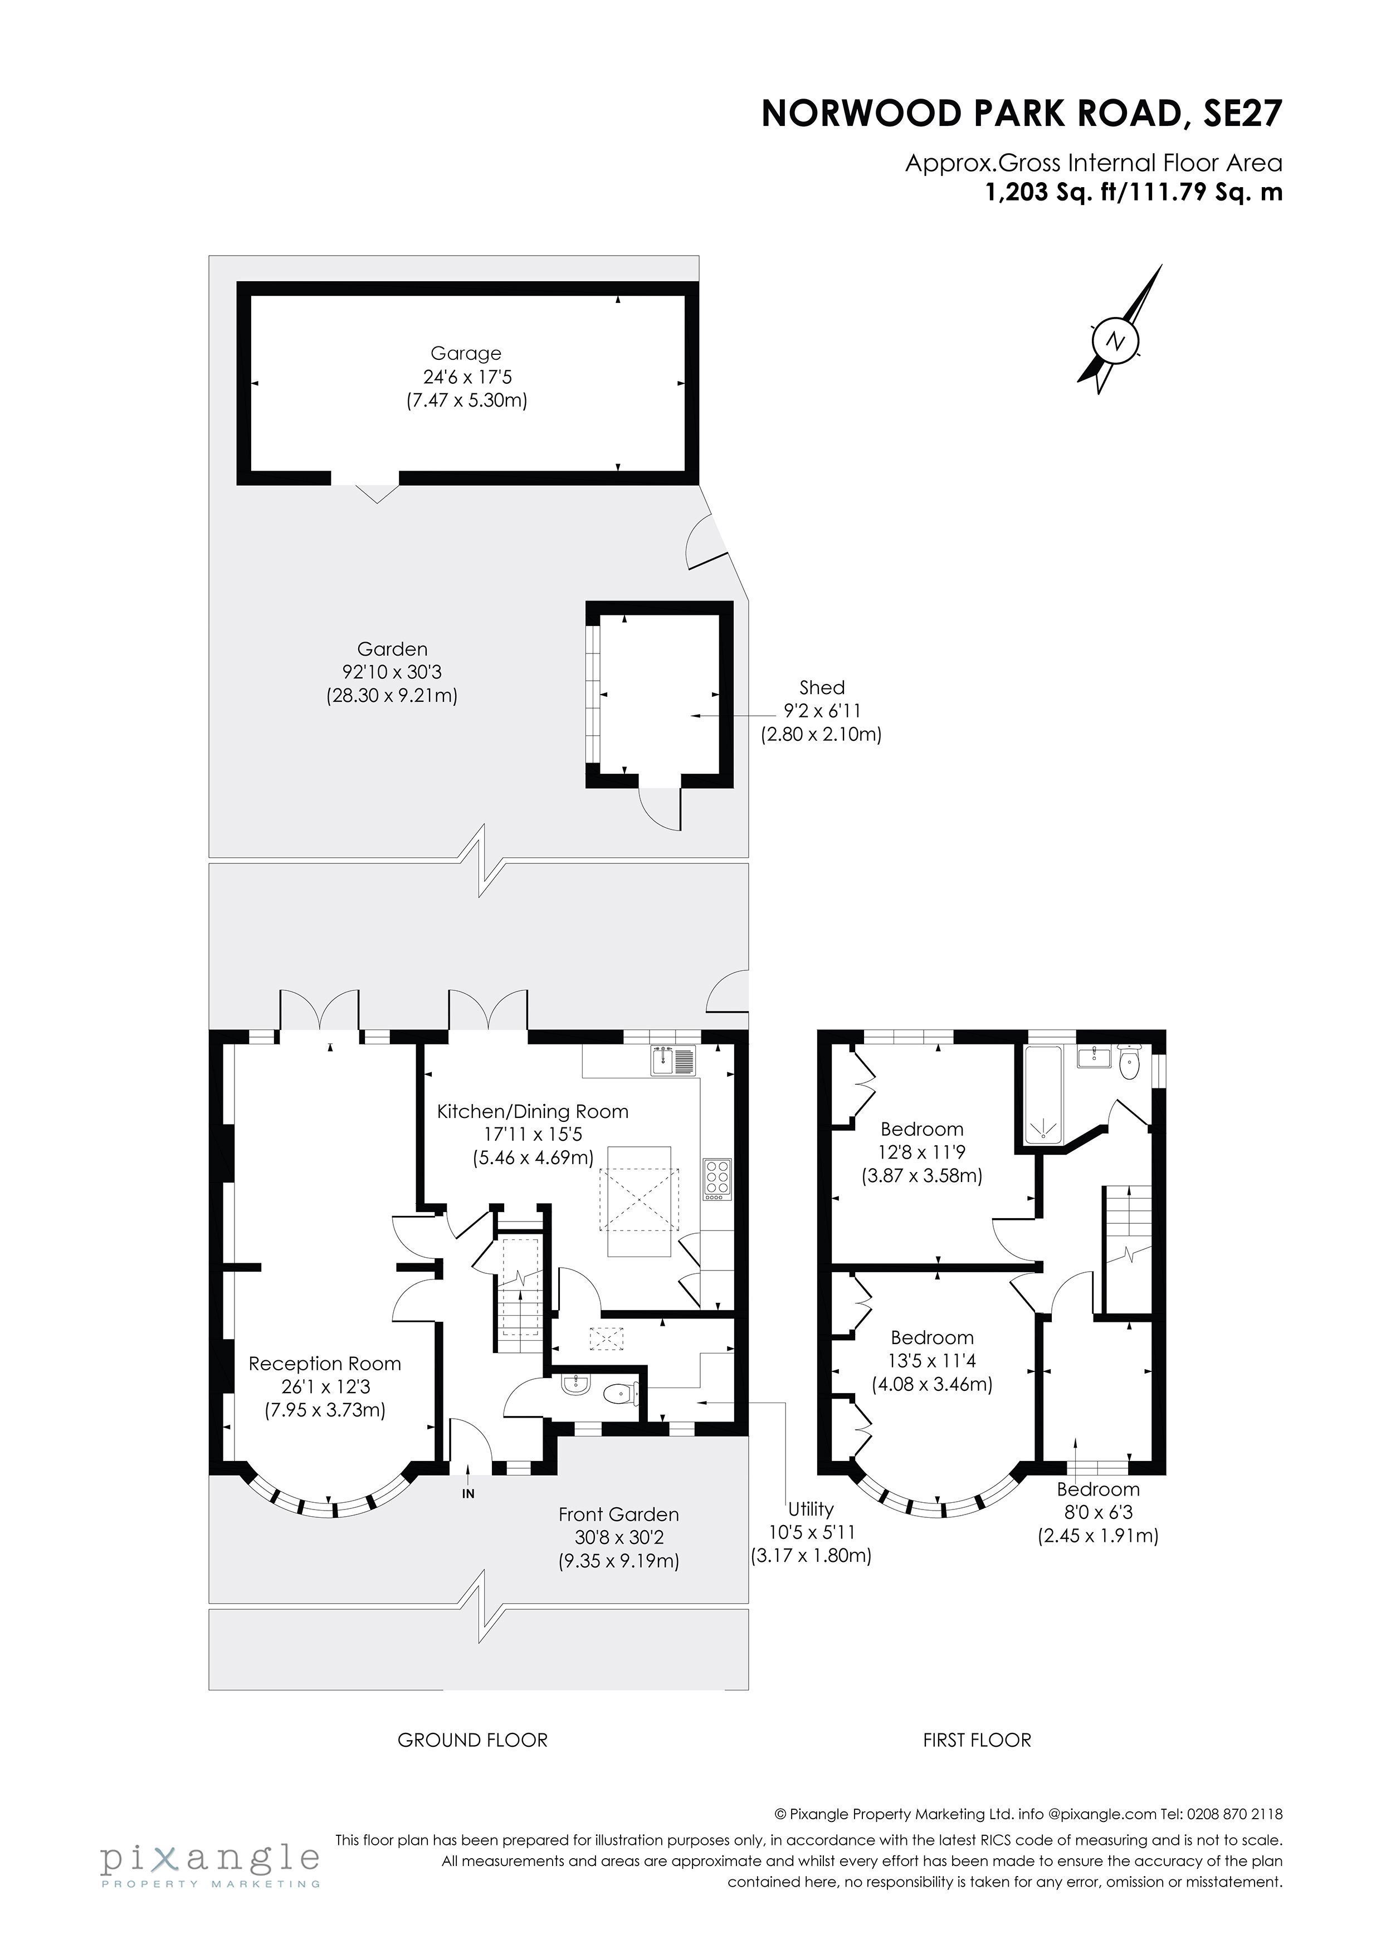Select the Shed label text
click(x=821, y=688)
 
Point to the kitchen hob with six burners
click(x=716, y=1180)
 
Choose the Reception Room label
click(x=324, y=1364)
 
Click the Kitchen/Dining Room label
click(x=533, y=1111)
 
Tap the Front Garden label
click(x=618, y=1515)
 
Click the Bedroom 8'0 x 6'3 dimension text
click(x=1097, y=1513)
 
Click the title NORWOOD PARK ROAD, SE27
click(x=1021, y=113)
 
